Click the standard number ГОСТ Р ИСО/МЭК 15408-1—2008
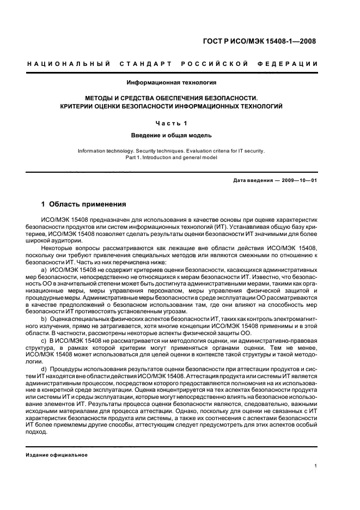coord(267,41)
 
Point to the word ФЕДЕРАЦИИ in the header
coord(292,65)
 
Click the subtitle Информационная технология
coord(172,83)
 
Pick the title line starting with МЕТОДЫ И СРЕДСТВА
coord(172,99)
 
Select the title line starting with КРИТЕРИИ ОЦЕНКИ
coord(172,107)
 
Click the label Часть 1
coord(172,123)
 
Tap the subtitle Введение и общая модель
coord(172,135)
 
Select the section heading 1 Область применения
coord(84,204)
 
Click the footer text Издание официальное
coord(57,455)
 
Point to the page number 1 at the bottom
coord(316,465)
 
